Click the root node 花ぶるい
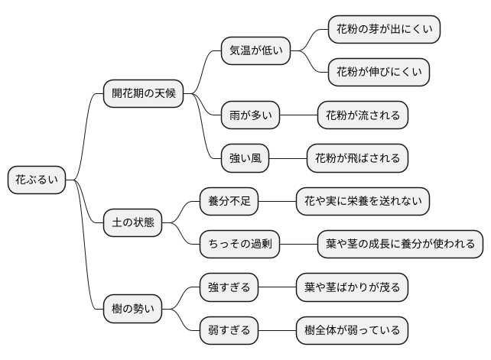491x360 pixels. coord(37,180)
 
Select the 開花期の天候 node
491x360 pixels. coord(144,94)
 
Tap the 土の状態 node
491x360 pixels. coord(133,223)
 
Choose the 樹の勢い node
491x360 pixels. coord(133,310)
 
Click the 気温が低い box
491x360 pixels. coord(256,51)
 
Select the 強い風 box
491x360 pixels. coord(245,158)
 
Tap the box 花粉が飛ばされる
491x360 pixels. coord(357,158)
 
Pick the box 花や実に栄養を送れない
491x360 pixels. coord(363,202)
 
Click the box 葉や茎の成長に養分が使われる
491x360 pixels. coord(400,245)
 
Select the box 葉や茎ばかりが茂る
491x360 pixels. coord(352,287)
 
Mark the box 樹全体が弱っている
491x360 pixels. coord(352,331)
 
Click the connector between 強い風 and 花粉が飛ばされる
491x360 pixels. coord(288,158)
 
